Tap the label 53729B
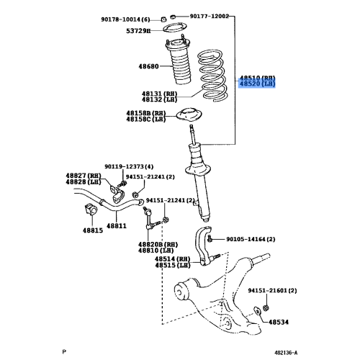[x=138, y=32]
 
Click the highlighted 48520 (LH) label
[x=258, y=84]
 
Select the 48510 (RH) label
[x=258, y=76]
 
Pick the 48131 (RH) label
[x=158, y=94]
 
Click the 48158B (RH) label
[x=146, y=112]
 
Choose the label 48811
[x=117, y=225]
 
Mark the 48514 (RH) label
[x=174, y=259]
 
